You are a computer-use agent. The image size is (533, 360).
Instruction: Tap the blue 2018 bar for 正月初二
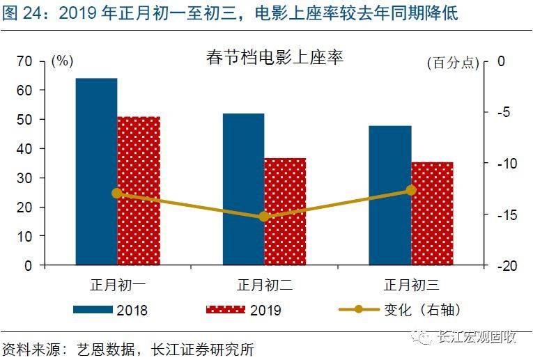[243, 189]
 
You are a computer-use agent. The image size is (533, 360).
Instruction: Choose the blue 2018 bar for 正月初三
[389, 195]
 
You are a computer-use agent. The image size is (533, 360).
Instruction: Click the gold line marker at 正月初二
[264, 217]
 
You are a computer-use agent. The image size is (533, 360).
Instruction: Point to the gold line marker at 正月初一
[117, 193]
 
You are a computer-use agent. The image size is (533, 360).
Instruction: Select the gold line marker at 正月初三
[411, 190]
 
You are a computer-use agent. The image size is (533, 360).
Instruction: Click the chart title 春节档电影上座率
[275, 58]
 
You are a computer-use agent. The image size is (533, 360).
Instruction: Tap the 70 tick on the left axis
[24, 61]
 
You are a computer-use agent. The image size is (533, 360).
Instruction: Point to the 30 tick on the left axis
[24, 178]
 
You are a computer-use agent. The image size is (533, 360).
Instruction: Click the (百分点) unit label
[453, 62]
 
